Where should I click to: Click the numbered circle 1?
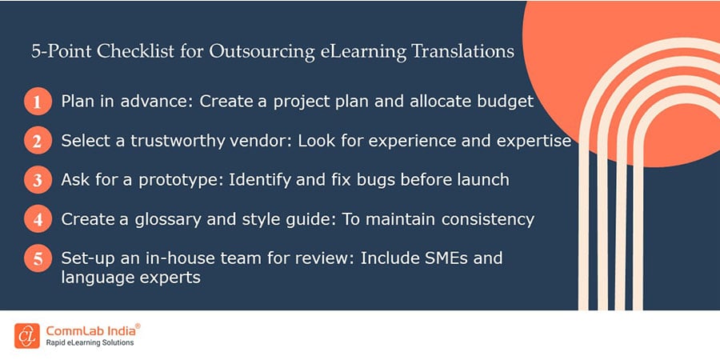click(x=37, y=102)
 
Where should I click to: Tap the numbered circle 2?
click(x=37, y=142)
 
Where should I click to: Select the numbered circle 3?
click(x=37, y=180)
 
